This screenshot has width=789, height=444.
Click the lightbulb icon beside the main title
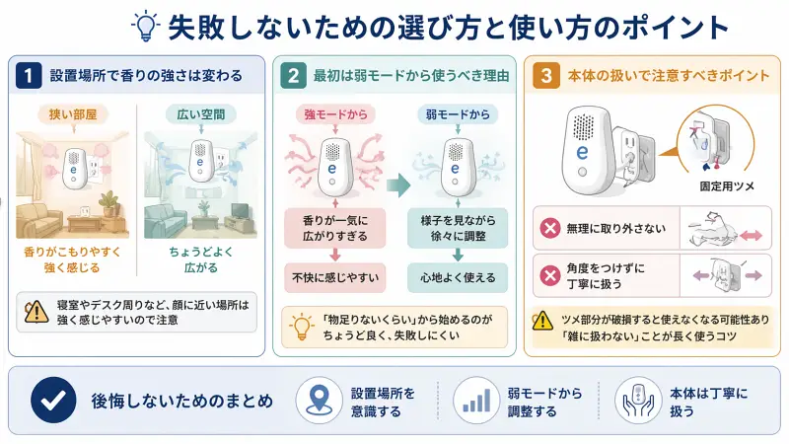146,25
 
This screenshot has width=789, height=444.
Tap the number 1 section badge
32,74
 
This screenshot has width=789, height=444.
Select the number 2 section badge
294,74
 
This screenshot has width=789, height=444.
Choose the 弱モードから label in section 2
456,115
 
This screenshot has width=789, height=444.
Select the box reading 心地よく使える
457,278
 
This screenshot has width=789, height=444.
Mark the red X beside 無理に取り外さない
550,229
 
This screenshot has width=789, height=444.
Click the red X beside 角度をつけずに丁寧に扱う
550,275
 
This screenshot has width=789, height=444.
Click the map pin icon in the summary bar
319,402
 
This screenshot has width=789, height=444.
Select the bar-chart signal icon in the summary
475,402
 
